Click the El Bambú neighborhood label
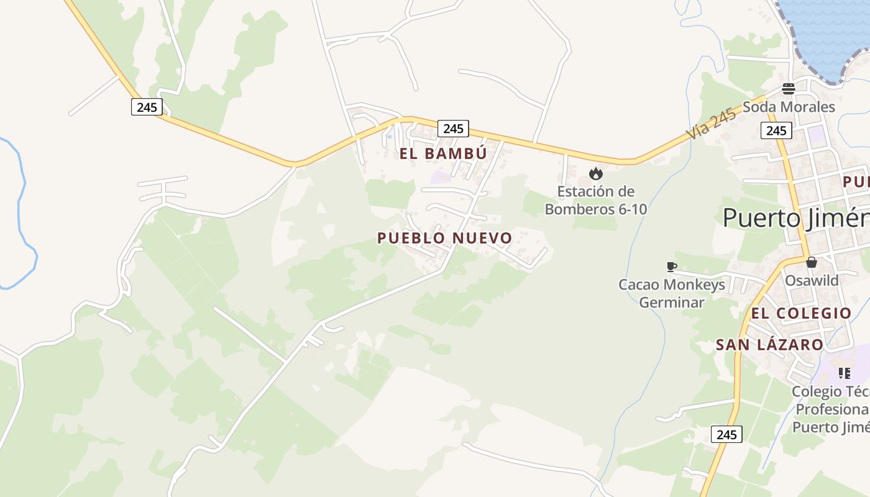443,153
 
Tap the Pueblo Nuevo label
444,238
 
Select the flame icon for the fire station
596,173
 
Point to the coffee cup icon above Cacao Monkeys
671,267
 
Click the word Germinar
671,303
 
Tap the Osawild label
812,280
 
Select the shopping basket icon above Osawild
812,262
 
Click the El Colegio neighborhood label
801,313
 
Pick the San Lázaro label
769,345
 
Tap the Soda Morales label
789,107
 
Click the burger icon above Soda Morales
789,89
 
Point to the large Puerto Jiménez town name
796,218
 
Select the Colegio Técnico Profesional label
831,409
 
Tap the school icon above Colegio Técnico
844,373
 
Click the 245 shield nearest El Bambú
454,129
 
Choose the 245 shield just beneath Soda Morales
776,130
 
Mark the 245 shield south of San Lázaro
726,434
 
